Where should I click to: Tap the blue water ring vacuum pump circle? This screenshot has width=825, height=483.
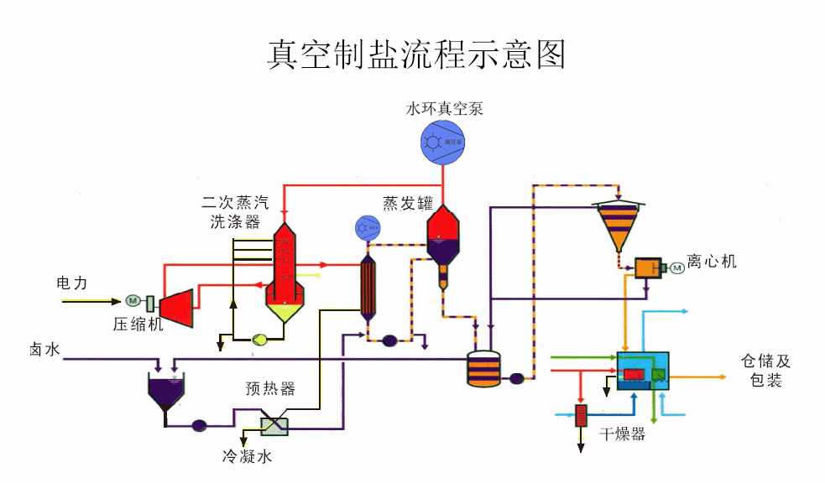(442, 142)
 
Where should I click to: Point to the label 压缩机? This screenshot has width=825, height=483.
(139, 325)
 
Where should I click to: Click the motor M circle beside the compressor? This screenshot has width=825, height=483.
(132, 300)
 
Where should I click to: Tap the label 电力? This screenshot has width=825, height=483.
(71, 283)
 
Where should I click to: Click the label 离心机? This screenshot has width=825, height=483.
(712, 262)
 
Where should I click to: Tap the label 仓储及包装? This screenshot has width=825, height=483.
(765, 371)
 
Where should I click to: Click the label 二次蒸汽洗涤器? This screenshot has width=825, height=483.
(236, 212)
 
